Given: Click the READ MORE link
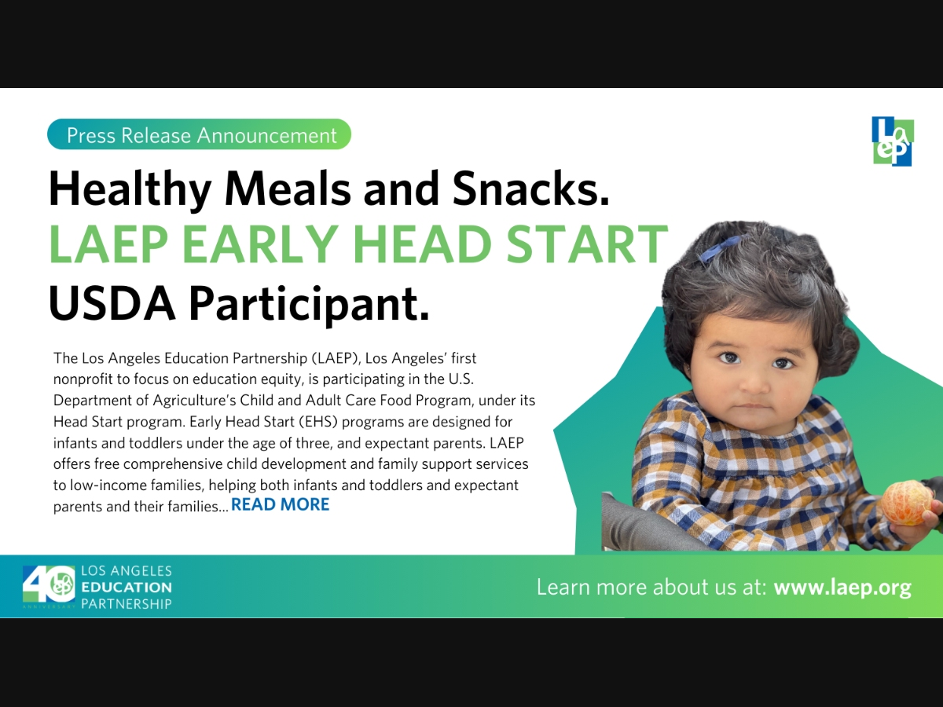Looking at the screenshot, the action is click(280, 504).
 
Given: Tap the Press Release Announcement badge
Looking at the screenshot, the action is click(199, 134).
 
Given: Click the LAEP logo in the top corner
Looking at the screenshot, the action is click(893, 141).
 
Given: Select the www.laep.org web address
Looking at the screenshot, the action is click(842, 588).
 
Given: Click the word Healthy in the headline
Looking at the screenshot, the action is click(130, 189).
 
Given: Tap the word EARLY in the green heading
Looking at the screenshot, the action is click(260, 244).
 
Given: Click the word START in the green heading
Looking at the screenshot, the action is click(587, 244).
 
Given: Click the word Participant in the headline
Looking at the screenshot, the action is click(309, 304).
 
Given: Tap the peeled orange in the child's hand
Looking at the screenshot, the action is click(907, 503).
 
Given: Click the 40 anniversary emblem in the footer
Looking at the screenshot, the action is click(49, 585).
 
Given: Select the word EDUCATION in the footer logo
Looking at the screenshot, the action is click(127, 587).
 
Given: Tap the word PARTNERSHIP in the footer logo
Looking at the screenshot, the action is click(127, 603).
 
